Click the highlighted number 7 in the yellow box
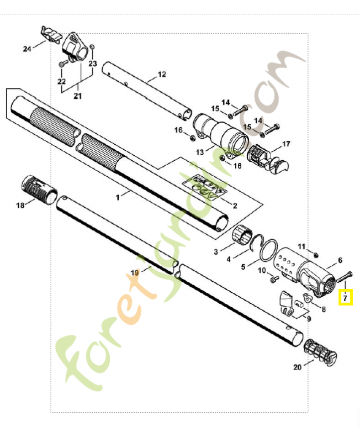[x=345, y=298]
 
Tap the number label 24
[x=27, y=49]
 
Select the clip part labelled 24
[x=50, y=34]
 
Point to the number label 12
[x=162, y=74]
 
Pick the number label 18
[x=20, y=206]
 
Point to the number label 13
[x=200, y=152]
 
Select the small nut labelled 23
[x=93, y=46]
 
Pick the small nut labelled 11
[x=315, y=255]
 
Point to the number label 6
[x=340, y=260]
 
